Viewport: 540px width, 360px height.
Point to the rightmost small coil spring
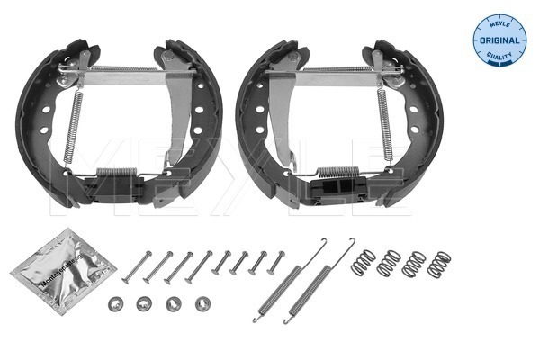[x=439, y=265]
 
